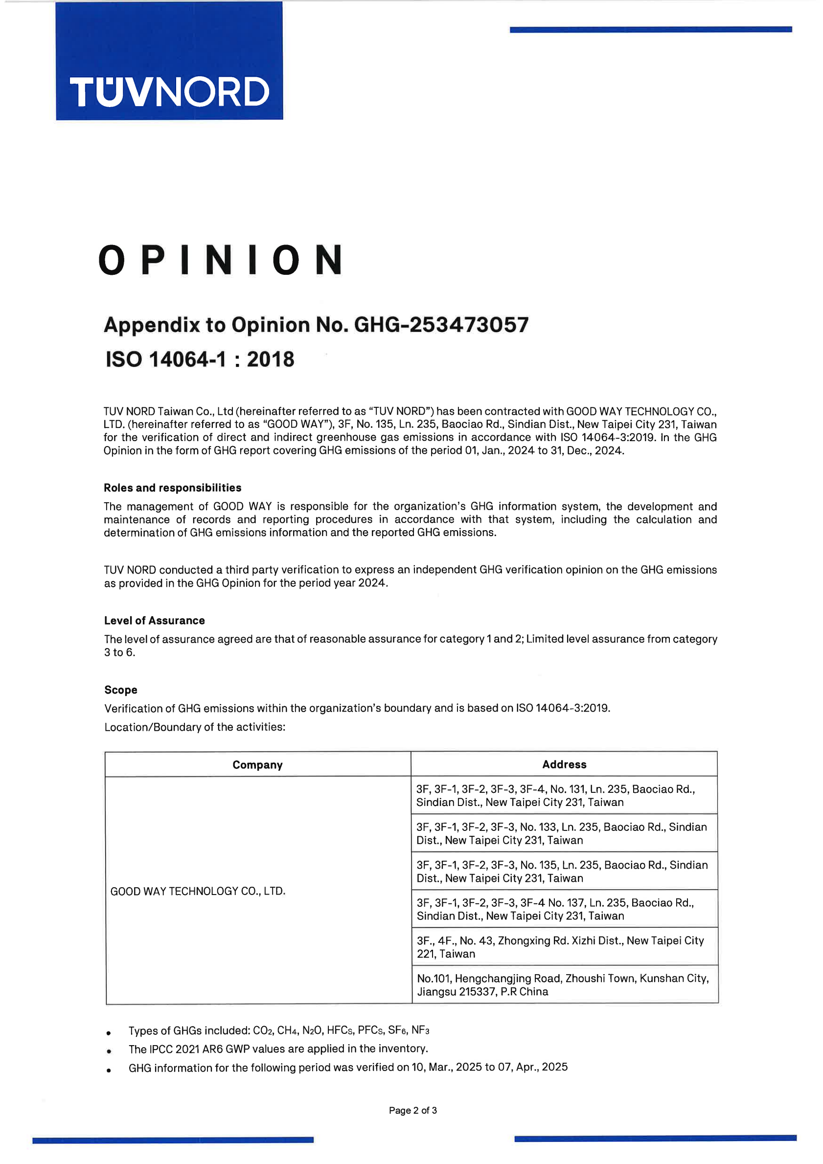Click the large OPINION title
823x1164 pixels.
coord(220,260)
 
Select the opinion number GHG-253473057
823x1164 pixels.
coord(441,325)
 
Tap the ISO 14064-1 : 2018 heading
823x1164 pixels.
coord(200,359)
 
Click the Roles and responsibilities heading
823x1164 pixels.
coord(172,488)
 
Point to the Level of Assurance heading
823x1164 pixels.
coord(154,621)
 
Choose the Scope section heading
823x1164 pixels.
coord(121,690)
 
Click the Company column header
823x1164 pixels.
coord(257,764)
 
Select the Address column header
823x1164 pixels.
coord(564,764)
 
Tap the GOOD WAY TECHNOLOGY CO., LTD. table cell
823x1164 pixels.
coord(198,891)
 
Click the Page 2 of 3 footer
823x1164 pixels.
coord(412,1110)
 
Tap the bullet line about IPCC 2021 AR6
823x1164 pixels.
coord(278,1049)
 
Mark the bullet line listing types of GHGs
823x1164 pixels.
coord(278,1030)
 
